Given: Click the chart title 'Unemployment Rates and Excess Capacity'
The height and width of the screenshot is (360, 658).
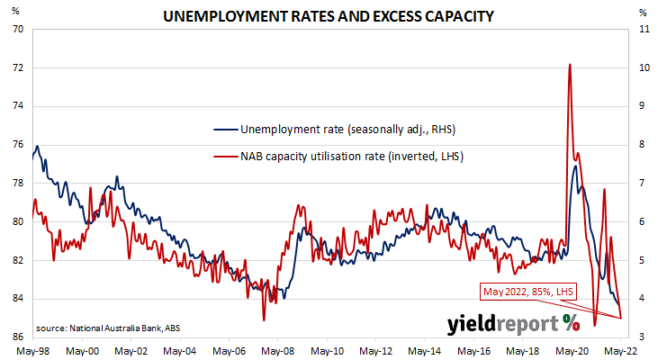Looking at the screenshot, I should click(x=329, y=15).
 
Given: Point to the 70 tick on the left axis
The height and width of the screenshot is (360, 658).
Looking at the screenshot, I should click(x=18, y=29).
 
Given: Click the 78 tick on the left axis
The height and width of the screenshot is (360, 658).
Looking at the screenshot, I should click(x=18, y=184).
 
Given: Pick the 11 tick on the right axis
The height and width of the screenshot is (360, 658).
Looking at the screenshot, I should click(x=642, y=29).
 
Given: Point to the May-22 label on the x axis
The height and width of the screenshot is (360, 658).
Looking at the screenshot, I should click(x=622, y=351).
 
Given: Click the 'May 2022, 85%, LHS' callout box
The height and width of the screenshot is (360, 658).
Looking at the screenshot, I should click(x=527, y=292).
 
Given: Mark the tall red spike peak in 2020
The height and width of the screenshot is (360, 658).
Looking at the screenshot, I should click(x=570, y=64).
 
